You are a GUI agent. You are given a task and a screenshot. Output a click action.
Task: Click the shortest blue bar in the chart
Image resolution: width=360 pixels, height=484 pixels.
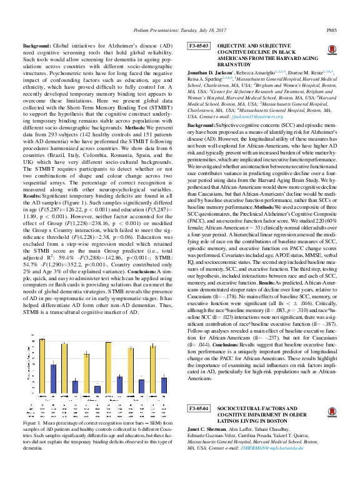97,389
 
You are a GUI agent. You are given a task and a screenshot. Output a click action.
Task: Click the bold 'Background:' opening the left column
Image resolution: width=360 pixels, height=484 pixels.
38,47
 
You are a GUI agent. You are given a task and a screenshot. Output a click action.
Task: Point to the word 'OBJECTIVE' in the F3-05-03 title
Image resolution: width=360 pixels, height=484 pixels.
232,46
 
